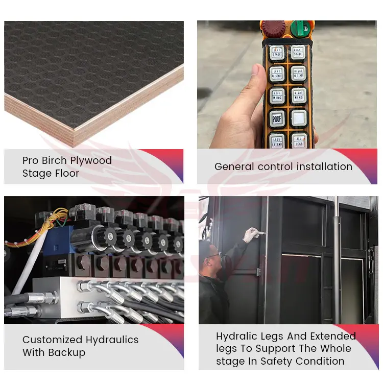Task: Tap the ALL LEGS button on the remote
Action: click(x=298, y=140)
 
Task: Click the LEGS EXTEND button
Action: click(x=277, y=140)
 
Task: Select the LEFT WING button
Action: click(x=277, y=95)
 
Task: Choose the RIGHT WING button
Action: click(x=298, y=95)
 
